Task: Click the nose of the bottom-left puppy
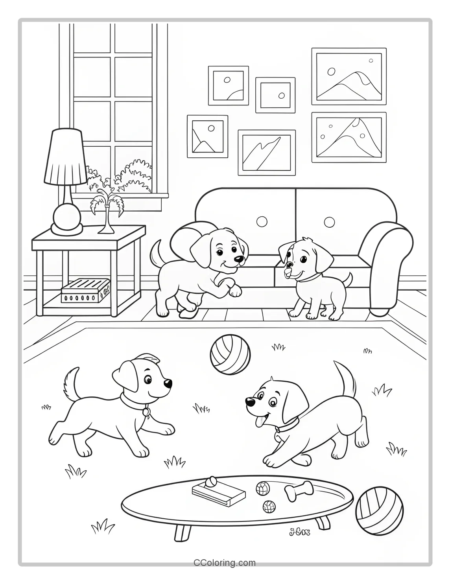pos(168,383)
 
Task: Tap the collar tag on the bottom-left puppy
pos(146,412)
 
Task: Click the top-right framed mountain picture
pos(349,76)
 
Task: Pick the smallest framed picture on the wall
pos(275,95)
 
